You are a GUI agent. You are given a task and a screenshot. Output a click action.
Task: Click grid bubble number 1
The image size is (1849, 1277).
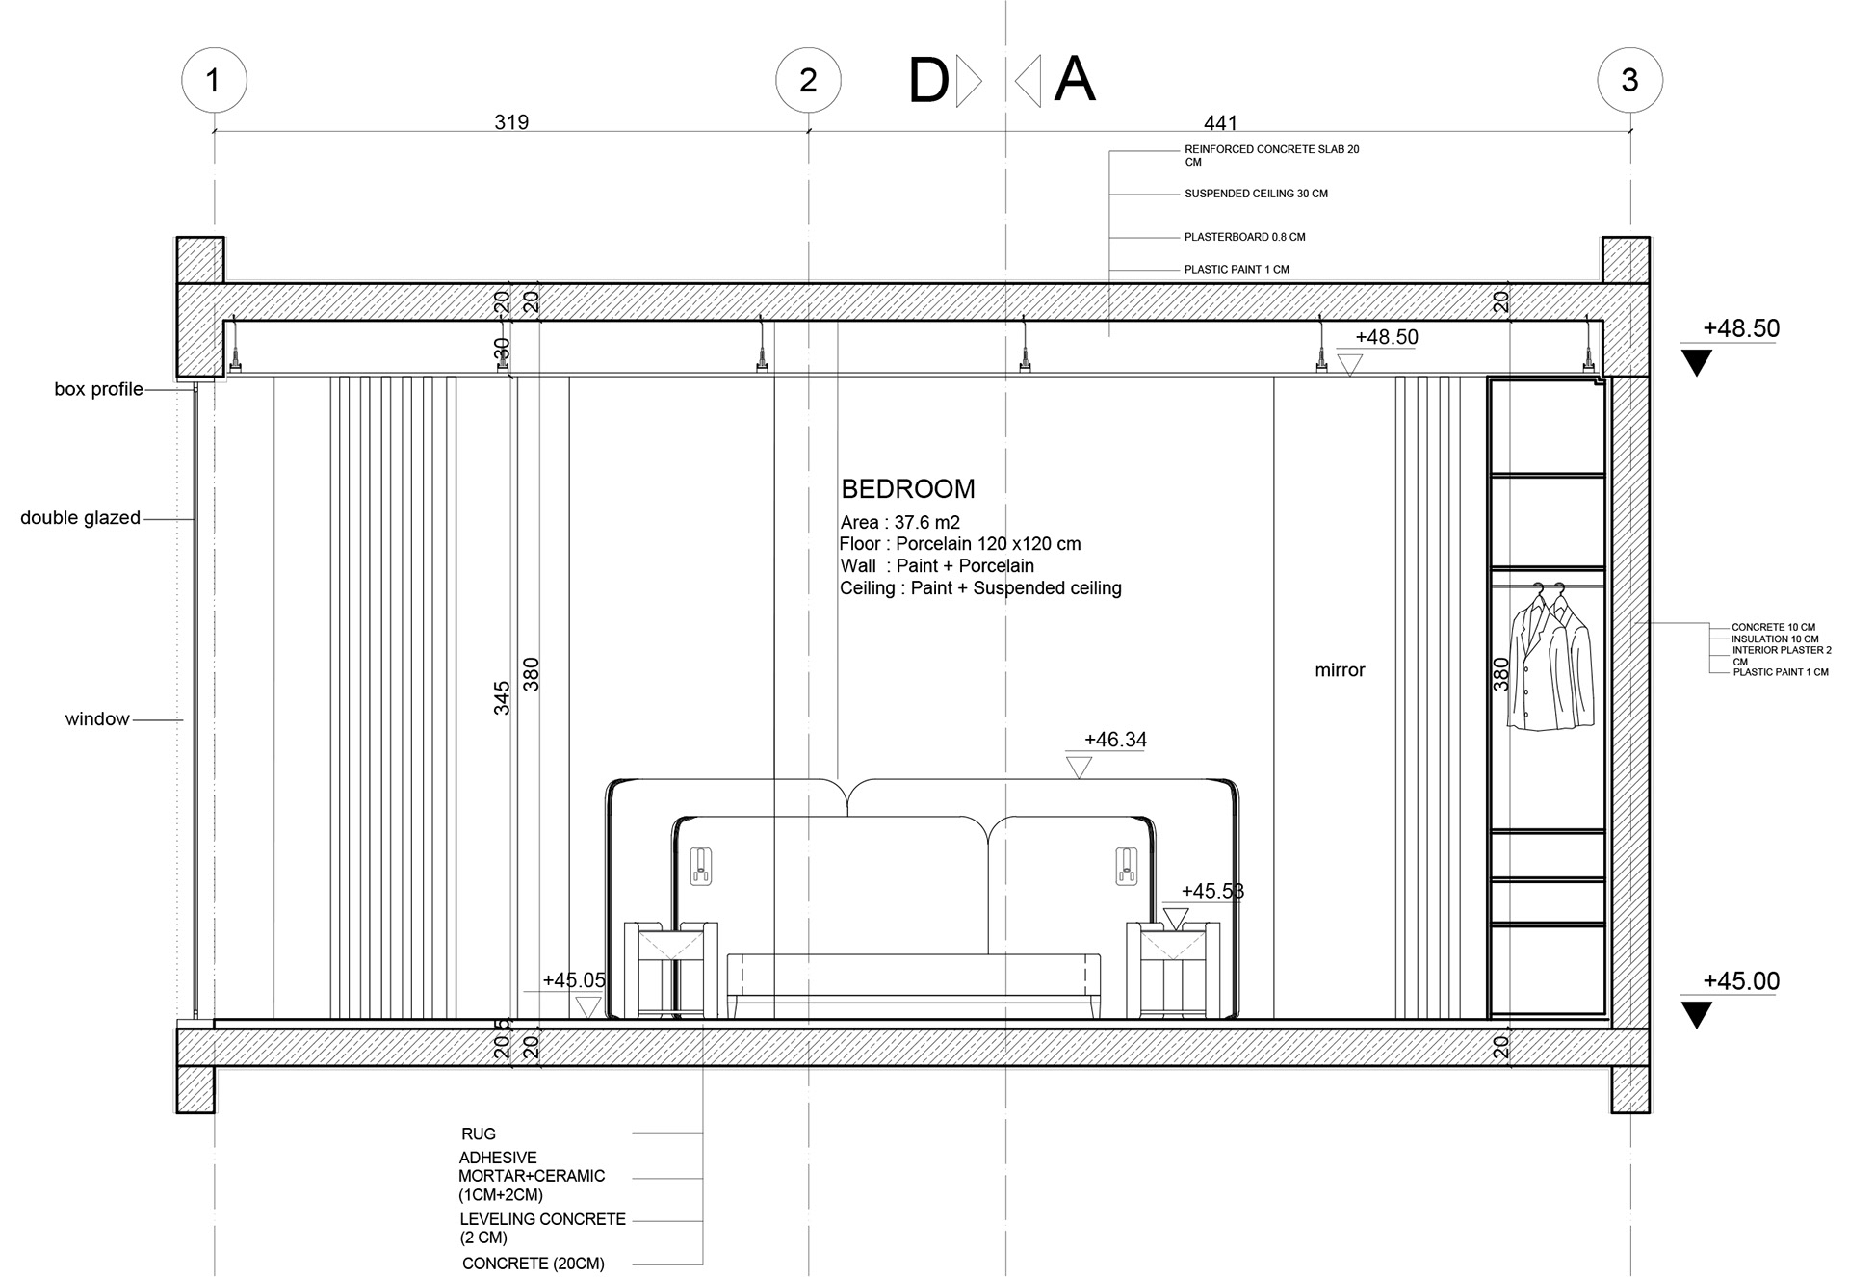click(214, 80)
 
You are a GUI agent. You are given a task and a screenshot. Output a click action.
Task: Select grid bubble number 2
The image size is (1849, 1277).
click(808, 80)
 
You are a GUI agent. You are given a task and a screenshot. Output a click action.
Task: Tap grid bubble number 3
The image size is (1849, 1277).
click(1629, 80)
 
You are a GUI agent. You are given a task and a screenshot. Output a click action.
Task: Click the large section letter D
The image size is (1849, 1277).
click(928, 82)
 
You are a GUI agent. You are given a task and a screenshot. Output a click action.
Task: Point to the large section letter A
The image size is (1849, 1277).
click(1075, 80)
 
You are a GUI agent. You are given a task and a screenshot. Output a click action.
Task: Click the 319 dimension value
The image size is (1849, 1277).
click(511, 122)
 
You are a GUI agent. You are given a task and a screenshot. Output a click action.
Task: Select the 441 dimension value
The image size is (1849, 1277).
click(1220, 123)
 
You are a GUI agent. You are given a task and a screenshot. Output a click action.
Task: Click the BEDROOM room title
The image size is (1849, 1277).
click(908, 489)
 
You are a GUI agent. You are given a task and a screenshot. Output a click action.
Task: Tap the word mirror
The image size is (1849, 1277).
click(1340, 670)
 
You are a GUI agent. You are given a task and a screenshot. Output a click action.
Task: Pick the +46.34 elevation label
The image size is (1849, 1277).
click(1115, 740)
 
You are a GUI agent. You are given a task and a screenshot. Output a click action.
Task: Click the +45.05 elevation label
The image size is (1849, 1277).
click(574, 980)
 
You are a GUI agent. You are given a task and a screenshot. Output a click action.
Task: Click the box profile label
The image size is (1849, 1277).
click(98, 389)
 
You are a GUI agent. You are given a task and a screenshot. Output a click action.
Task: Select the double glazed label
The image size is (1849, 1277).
click(80, 518)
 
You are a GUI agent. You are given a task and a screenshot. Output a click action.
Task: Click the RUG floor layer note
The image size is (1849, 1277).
click(479, 1134)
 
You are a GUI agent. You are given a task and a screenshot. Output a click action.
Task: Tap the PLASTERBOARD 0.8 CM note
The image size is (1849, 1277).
click(1244, 237)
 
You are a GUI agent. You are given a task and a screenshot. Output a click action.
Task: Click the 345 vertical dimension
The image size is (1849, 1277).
click(502, 698)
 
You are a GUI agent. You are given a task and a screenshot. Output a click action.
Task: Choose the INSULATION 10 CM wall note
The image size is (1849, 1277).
click(1775, 638)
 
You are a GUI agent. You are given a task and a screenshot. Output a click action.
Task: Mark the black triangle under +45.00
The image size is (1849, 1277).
click(1697, 1015)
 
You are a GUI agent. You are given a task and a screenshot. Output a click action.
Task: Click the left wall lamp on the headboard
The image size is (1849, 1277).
click(701, 866)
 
